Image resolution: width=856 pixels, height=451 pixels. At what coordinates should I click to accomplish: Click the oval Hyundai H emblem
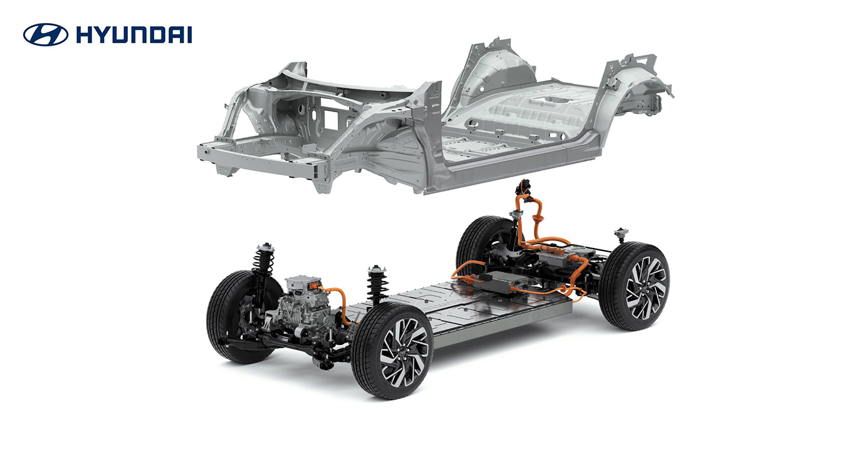click(46, 34)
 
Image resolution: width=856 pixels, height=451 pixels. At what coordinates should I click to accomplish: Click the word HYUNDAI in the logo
click(134, 35)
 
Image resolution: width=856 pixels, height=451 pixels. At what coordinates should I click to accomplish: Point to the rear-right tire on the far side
click(483, 245)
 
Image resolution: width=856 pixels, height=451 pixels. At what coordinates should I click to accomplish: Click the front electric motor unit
click(306, 309)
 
